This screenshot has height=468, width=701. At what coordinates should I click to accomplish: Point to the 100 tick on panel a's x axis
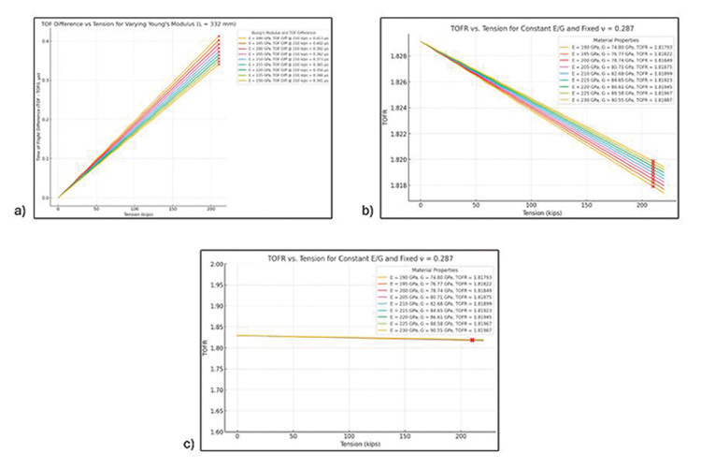136,208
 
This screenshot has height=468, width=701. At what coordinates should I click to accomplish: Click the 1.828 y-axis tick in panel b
405,57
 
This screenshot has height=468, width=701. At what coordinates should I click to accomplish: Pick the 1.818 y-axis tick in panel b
405,185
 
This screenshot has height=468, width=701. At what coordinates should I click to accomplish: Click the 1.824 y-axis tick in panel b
405,109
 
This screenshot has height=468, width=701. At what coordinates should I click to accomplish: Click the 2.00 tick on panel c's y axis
221,265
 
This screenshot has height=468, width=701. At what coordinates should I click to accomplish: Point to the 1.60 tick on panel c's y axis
221,431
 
